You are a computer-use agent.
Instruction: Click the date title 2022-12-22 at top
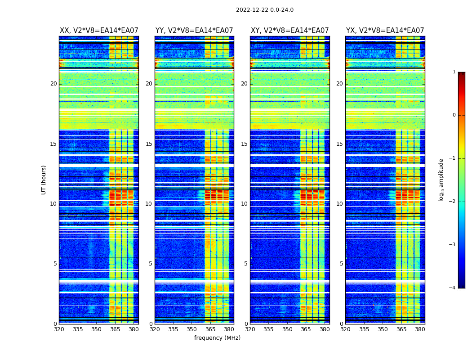pos(264,10)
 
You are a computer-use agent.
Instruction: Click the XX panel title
pos(99,31)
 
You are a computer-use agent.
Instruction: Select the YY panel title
pos(194,31)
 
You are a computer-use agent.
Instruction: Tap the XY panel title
pos(289,31)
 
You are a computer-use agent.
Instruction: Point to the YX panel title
pos(385,31)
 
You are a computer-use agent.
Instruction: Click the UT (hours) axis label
pos(44,180)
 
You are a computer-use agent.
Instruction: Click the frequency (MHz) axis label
pos(217,338)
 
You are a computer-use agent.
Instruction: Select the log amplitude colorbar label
pos(441,180)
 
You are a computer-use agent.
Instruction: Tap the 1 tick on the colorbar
pos(454,72)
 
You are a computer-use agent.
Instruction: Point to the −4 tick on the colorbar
pos(453,288)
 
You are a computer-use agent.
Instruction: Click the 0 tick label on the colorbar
pos(454,115)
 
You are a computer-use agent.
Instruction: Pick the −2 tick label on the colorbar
pos(453,202)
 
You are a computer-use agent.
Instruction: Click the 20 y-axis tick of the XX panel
pos(53,84)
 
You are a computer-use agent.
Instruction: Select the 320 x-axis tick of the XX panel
pos(59,329)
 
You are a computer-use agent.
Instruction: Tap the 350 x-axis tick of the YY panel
pos(192,329)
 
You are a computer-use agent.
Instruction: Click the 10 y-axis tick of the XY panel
pos(244,204)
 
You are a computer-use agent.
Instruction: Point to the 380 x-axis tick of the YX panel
pos(420,329)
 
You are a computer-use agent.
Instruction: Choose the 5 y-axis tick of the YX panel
pos(341,264)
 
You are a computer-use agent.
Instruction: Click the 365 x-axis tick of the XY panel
pos(306,329)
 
